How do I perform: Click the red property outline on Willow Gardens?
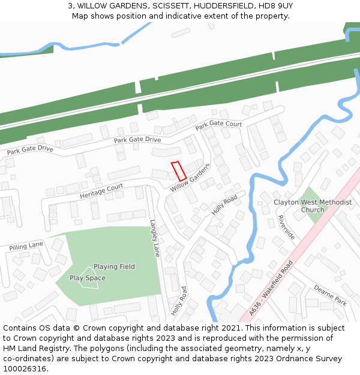tap(179, 171)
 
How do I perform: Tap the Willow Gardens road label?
tap(191, 178)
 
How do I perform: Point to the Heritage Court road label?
tap(101, 191)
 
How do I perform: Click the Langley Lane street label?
tap(155, 238)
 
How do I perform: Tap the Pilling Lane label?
tap(26, 246)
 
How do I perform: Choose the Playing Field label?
tap(114, 266)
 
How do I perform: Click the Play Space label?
tap(87, 278)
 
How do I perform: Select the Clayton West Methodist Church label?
tap(313, 206)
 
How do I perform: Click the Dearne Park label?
tap(331, 295)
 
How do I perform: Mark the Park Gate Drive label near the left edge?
tap(30, 149)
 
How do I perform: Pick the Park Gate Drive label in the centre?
tap(137, 140)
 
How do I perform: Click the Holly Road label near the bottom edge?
tap(179, 301)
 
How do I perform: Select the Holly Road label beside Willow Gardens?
tap(224, 205)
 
